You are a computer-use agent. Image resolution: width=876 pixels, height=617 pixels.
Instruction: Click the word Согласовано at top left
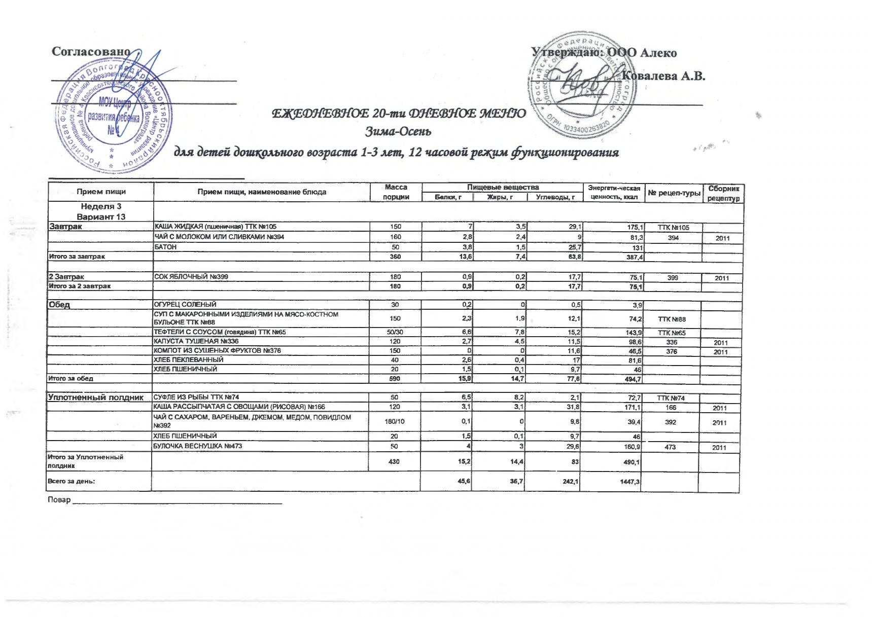point(91,52)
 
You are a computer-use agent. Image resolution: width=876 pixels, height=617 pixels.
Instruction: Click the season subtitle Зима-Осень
point(398,132)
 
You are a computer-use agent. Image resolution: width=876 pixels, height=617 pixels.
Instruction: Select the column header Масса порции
point(396,192)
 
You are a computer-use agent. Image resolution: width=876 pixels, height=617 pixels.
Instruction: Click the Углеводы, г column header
point(555,197)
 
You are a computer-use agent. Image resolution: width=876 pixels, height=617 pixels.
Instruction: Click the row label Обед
point(59,305)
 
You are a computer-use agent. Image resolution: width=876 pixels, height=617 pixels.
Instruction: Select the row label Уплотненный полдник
point(96,397)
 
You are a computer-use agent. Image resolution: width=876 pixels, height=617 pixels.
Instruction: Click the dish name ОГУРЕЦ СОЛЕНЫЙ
point(185,305)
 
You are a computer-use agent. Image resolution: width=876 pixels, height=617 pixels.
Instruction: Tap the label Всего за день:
point(71,481)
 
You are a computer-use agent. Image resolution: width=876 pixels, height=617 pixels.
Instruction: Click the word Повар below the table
point(59,500)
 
